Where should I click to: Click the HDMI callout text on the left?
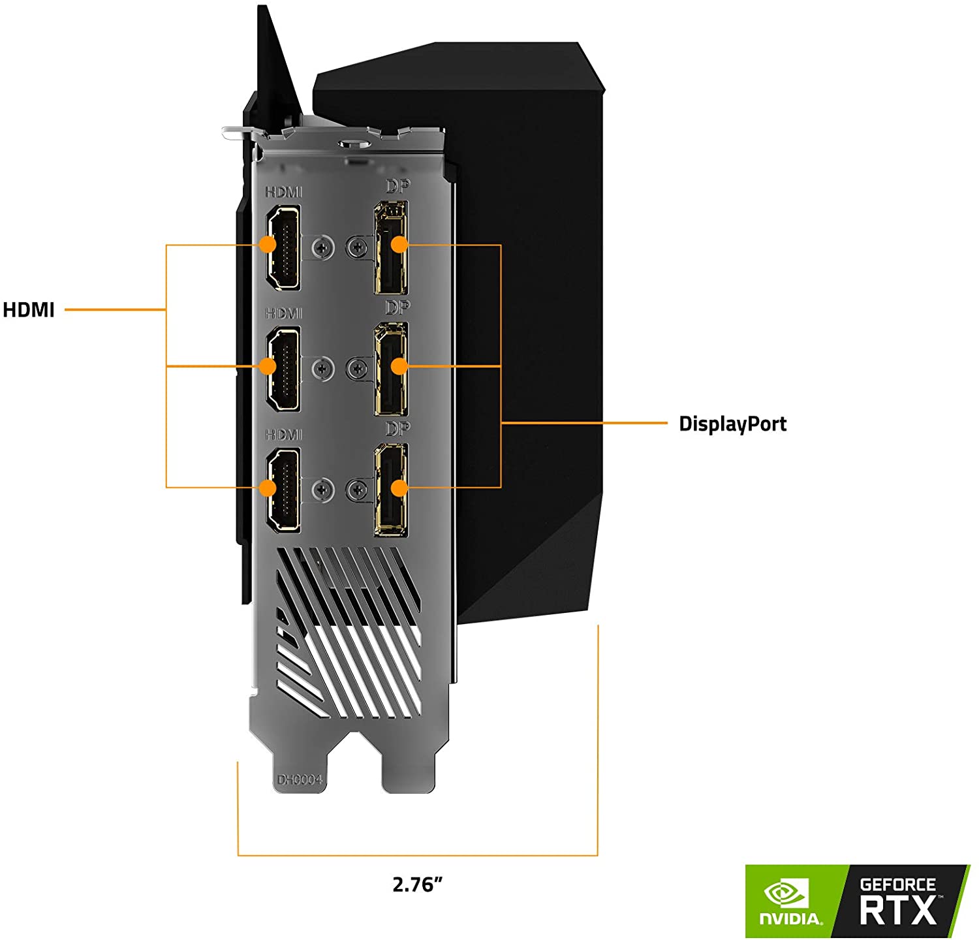pos(29,309)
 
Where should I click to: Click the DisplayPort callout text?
pos(733,424)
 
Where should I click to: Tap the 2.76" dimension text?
pos(418,885)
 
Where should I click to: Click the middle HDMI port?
pos(283,369)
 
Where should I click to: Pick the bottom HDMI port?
pos(283,490)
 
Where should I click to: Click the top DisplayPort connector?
pos(391,247)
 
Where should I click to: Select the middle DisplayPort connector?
pos(391,369)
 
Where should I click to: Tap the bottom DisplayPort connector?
pos(391,490)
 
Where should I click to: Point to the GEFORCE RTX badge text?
pos(898,902)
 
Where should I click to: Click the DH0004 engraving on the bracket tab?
pos(300,780)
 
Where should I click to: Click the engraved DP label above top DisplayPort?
pos(397,186)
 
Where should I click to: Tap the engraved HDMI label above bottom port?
pos(284,435)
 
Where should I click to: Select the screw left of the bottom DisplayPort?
pos(357,490)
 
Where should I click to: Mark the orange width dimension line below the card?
pos(418,854)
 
